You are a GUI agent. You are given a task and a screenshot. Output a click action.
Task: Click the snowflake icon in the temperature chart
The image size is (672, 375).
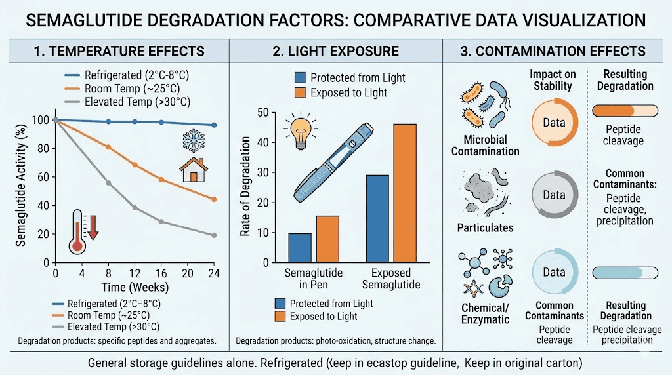(192, 141)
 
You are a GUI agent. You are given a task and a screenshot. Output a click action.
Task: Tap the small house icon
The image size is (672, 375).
(194, 169)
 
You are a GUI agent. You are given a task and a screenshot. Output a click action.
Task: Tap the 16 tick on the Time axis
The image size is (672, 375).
(161, 273)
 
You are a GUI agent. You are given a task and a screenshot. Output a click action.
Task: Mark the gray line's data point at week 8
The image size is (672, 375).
(108, 183)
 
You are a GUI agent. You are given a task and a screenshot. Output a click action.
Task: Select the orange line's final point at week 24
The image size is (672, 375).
(214, 199)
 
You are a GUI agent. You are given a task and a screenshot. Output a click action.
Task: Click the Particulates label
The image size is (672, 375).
(485, 228)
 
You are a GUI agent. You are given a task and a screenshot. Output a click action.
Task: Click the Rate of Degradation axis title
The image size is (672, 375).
(246, 187)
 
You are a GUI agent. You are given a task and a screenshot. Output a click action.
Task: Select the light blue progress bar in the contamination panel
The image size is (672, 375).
(625, 273)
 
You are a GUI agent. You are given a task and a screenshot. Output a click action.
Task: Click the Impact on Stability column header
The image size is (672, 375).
(553, 80)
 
